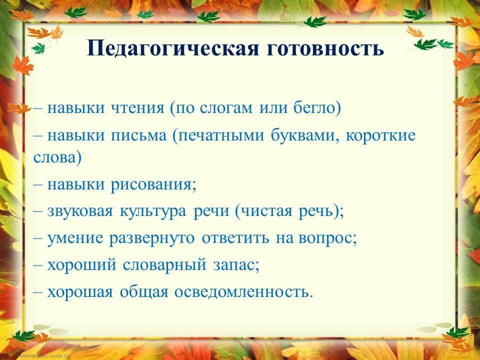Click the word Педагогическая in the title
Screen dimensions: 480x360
173,49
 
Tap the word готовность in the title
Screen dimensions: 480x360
325,49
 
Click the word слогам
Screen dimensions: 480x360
226,108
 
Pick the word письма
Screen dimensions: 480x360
138,135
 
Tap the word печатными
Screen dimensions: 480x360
221,135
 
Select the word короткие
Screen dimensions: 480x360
381,135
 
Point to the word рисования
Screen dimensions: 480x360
151,185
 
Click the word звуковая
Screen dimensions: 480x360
80,211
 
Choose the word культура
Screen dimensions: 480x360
153,211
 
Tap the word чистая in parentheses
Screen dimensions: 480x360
267,211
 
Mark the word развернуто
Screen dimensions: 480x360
152,238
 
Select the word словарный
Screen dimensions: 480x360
164,265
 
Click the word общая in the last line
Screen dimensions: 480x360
144,291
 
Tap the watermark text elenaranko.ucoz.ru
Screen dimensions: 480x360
44,356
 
